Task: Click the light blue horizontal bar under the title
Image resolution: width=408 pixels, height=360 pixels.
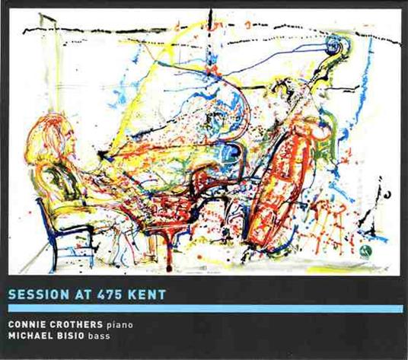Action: (204, 307)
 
